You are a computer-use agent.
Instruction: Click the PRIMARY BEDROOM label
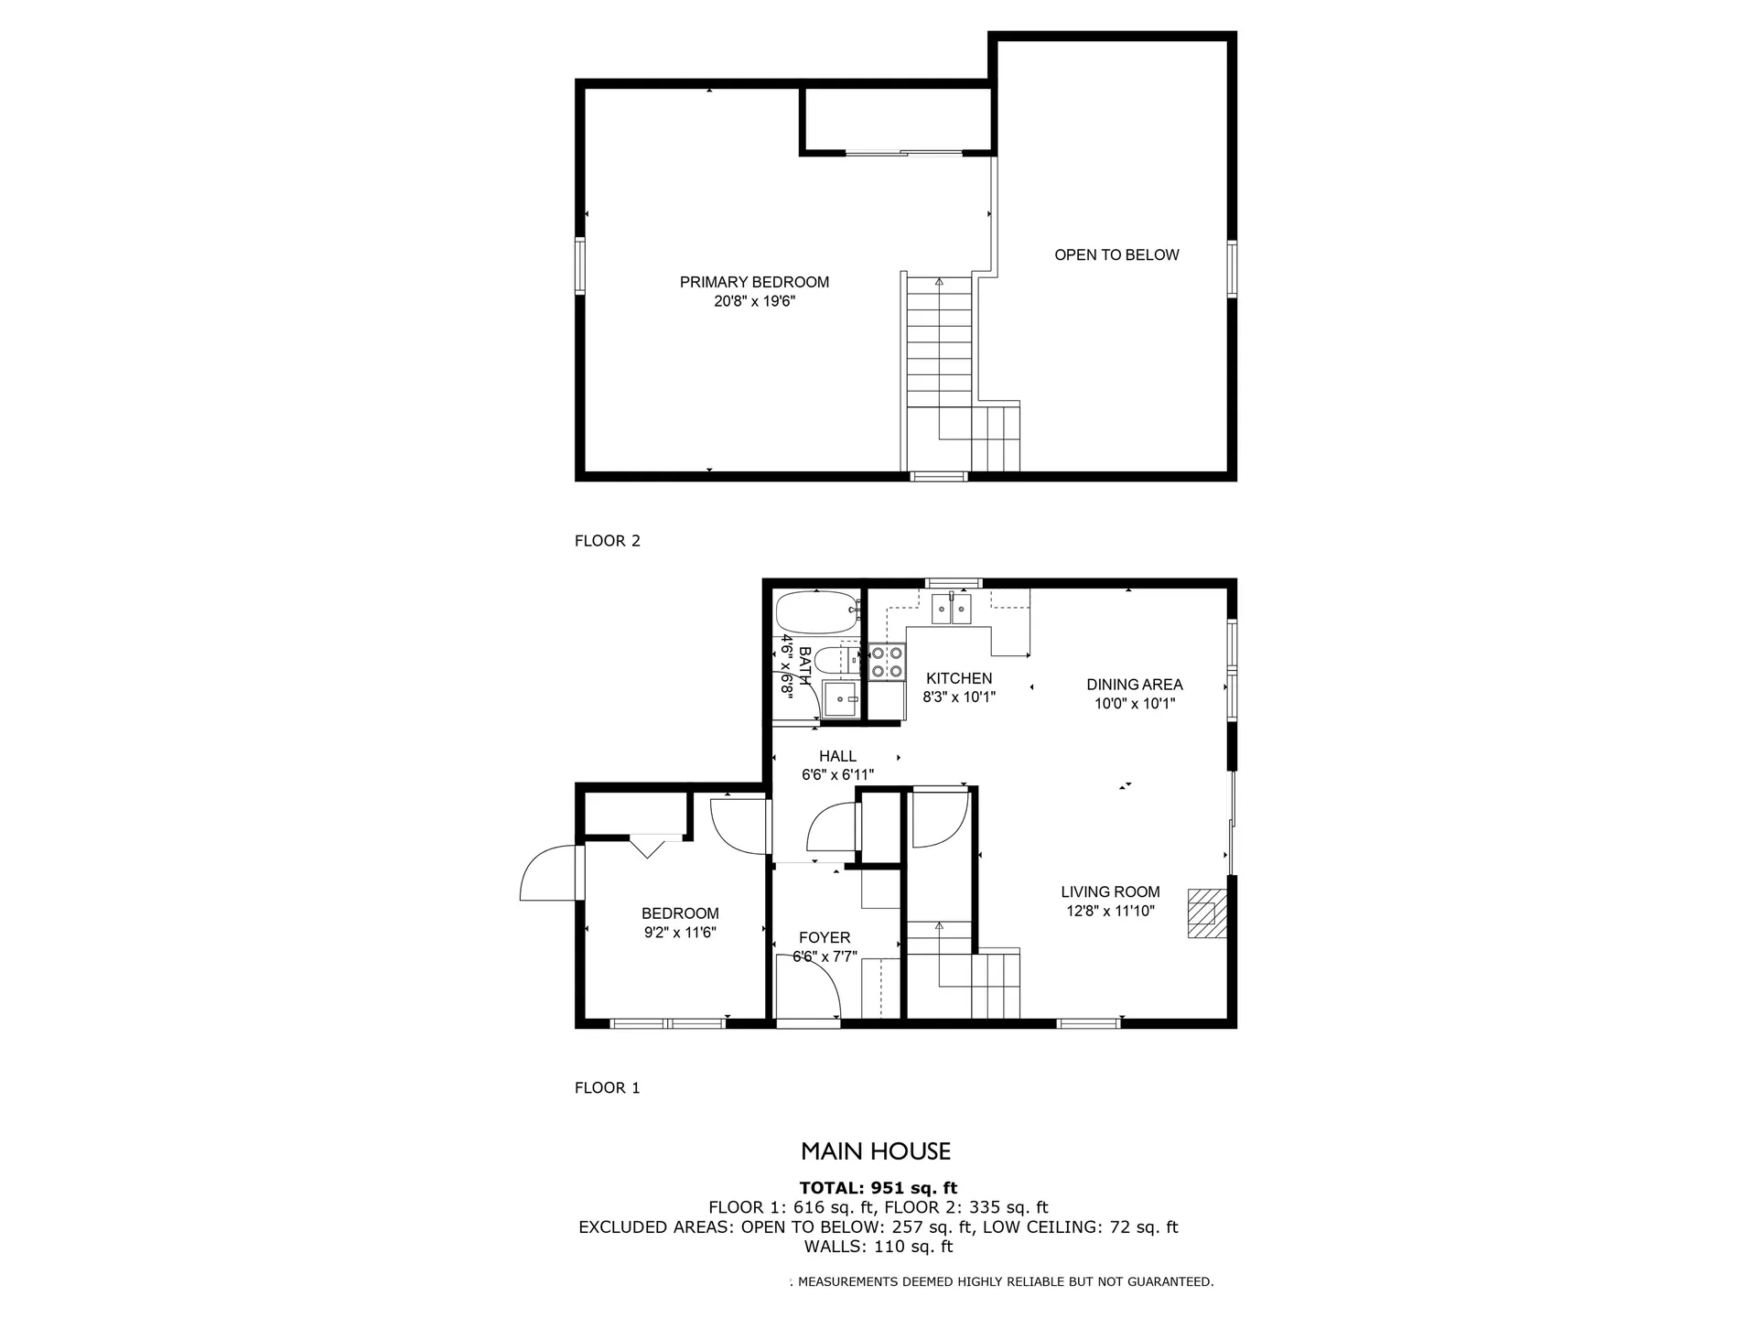754,282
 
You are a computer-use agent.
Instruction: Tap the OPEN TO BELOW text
1116,254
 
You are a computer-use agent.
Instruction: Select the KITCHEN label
959,678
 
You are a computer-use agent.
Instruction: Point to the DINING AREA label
1135,684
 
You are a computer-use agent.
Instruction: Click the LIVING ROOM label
1110,891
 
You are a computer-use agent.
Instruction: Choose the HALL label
837,756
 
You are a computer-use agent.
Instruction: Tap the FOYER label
825,937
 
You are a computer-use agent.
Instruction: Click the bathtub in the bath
817,612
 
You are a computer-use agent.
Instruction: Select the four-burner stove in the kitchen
887,662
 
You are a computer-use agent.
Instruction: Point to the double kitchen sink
952,609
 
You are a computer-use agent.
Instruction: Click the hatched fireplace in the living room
1207,913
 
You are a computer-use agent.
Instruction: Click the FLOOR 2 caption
608,541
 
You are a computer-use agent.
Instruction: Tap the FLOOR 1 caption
608,1088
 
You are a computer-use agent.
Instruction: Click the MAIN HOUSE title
876,1151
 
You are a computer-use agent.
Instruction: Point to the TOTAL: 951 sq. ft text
878,1188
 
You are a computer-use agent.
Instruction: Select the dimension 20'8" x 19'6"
755,301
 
